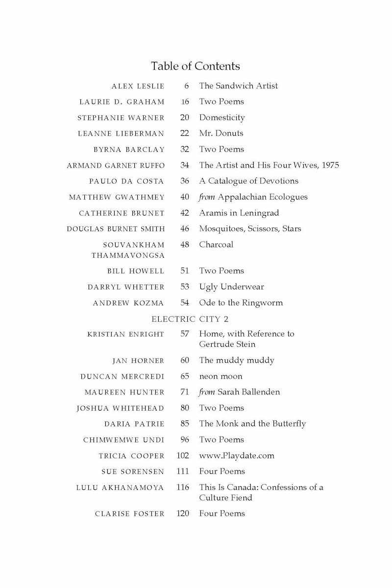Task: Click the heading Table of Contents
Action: click(196, 66)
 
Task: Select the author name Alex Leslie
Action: click(138, 86)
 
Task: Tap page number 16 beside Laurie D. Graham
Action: click(184, 102)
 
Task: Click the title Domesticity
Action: click(221, 118)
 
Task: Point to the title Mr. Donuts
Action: click(221, 133)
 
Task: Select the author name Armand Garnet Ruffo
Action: click(116, 166)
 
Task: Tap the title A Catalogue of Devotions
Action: click(248, 181)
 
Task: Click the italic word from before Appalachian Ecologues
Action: click(207, 197)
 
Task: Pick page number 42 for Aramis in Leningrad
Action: click(184, 213)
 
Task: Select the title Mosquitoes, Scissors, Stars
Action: click(250, 229)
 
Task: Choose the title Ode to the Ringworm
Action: click(241, 303)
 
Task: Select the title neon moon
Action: click(220, 376)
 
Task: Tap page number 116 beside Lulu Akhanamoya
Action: click(183, 488)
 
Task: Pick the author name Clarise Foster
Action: click(130, 514)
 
